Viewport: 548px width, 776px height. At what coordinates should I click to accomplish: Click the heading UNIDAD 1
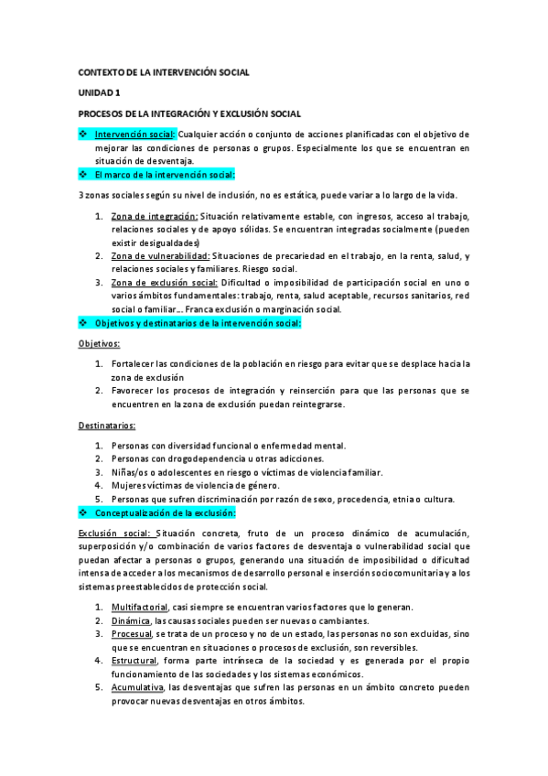tap(99, 92)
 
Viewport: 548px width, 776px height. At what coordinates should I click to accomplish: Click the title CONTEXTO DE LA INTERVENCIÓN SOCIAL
tap(164, 71)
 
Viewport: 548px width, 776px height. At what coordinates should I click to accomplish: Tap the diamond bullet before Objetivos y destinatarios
tap(83, 323)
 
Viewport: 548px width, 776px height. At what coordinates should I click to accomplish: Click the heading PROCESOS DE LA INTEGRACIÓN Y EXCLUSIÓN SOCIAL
tap(188, 113)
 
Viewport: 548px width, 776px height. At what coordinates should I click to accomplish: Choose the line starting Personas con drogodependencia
tap(218, 458)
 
